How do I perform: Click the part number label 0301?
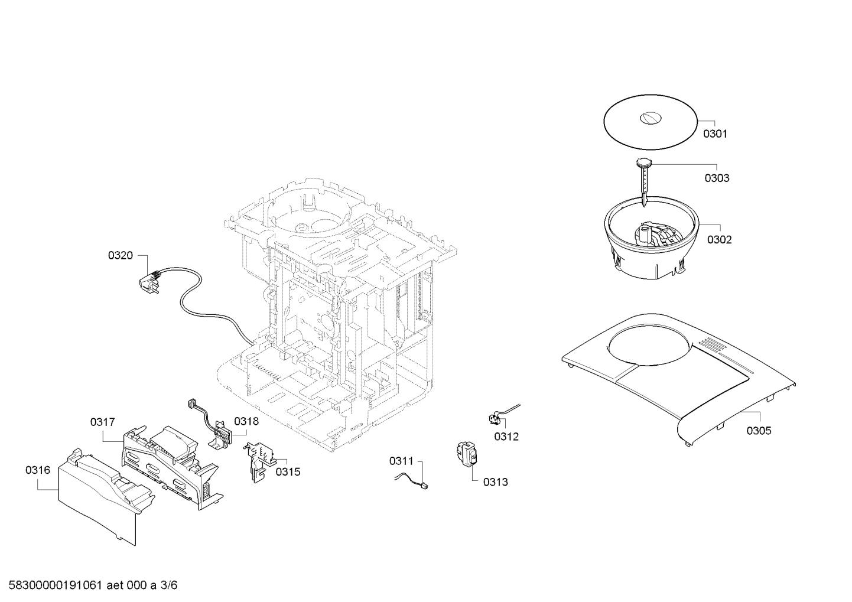tap(715, 134)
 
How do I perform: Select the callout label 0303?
tap(717, 178)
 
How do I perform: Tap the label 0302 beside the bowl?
tap(720, 240)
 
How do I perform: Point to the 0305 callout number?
tap(759, 431)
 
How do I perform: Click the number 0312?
tap(506, 437)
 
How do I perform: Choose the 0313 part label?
tap(496, 482)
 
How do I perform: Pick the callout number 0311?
tap(401, 461)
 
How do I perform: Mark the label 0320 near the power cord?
tap(121, 256)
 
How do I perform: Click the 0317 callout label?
tap(103, 422)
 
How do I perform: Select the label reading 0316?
tap(38, 470)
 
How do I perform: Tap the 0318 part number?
tap(246, 421)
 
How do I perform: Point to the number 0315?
tap(288, 472)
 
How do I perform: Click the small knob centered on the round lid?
tap(651, 118)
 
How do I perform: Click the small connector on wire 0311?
tap(424, 486)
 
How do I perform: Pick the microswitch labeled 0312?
tap(495, 419)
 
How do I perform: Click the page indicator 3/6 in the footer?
tap(168, 585)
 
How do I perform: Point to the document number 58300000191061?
tap(55, 585)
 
